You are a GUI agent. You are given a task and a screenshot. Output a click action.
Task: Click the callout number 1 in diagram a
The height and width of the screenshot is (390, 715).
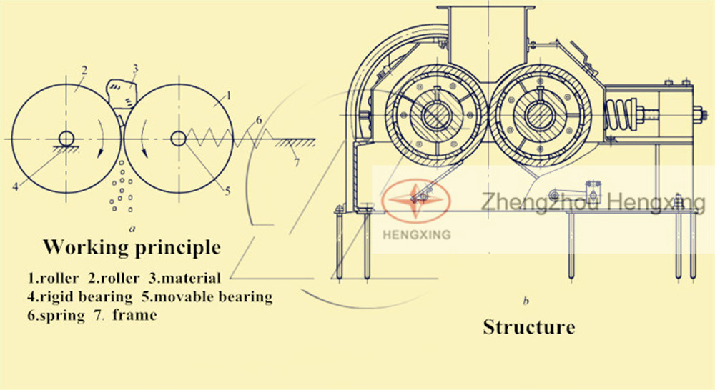click(x=229, y=96)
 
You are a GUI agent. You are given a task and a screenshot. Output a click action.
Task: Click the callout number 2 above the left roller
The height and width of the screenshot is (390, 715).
click(x=84, y=71)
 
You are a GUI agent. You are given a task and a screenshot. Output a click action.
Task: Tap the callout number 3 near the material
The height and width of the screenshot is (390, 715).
click(x=135, y=69)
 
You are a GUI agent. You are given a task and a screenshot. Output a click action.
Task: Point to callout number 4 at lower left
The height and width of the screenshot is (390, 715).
click(x=16, y=186)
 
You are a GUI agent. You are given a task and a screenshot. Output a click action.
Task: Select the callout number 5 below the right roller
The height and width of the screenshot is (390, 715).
click(x=227, y=191)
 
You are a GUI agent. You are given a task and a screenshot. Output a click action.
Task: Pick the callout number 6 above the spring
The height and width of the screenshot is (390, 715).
click(x=259, y=120)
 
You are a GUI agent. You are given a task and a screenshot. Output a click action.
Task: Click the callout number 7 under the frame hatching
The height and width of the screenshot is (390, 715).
click(x=297, y=162)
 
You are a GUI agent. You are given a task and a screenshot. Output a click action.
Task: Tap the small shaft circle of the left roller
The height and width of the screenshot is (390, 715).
click(x=66, y=139)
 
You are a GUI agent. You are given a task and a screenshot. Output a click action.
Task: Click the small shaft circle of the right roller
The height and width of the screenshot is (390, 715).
click(x=178, y=139)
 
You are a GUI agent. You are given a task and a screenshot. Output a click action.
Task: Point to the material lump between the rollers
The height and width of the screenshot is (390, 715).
click(x=121, y=93)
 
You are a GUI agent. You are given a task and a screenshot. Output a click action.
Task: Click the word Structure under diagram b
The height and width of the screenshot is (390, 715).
click(x=529, y=327)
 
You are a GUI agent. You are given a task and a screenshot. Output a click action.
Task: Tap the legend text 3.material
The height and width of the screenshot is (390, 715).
click(x=184, y=278)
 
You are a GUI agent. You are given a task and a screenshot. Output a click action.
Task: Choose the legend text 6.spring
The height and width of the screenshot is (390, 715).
click(x=56, y=315)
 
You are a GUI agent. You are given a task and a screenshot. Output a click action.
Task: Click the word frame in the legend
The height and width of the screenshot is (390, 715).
click(x=135, y=314)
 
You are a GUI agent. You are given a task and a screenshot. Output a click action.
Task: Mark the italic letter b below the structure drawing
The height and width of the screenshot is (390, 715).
click(x=526, y=301)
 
